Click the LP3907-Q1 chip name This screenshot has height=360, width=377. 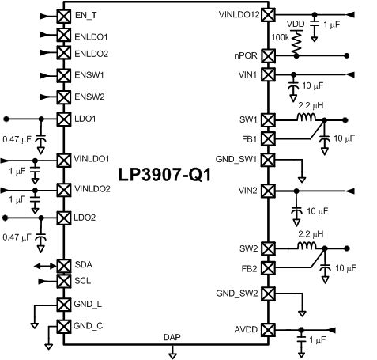164,174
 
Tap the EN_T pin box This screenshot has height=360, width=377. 63,16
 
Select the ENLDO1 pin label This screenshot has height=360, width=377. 92,36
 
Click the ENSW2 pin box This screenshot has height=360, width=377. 63,96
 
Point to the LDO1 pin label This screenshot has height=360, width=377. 85,119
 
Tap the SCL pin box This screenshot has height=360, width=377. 63,281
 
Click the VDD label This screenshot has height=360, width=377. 296,24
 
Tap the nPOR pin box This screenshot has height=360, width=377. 268,56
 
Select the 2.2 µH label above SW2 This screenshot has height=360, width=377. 310,235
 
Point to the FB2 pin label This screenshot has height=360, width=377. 247,268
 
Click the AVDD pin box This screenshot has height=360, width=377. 268,329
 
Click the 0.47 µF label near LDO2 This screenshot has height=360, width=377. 17,235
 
